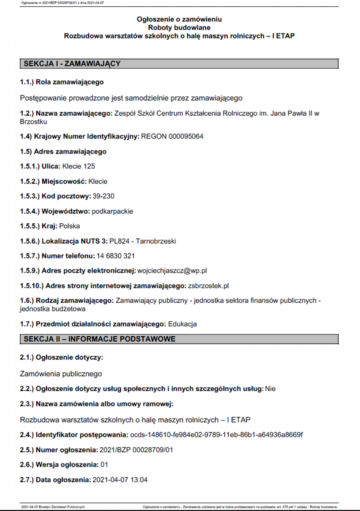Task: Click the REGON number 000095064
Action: pos(186,137)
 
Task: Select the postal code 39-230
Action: pos(103,196)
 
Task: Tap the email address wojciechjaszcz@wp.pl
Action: pos(172,271)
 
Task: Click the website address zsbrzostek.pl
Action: pos(208,286)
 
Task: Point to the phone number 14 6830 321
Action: pos(115,256)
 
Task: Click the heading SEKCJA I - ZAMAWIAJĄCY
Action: pos(72,64)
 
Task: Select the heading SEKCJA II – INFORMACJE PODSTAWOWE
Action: pos(100,339)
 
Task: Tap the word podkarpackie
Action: pos(112,211)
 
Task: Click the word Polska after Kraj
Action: pos(70,226)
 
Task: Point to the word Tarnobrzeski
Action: pos(156,241)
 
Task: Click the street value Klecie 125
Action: pos(79,166)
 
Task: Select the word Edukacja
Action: pos(182,324)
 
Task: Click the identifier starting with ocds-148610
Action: pos(216,435)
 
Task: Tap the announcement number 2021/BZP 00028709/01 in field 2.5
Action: pos(136,450)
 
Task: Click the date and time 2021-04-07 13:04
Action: pos(120,480)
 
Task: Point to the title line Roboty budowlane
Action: pos(179,28)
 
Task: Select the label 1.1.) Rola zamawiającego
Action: pos(62,82)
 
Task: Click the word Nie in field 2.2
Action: pos(270,389)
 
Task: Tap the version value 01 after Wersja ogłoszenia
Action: pos(104,465)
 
